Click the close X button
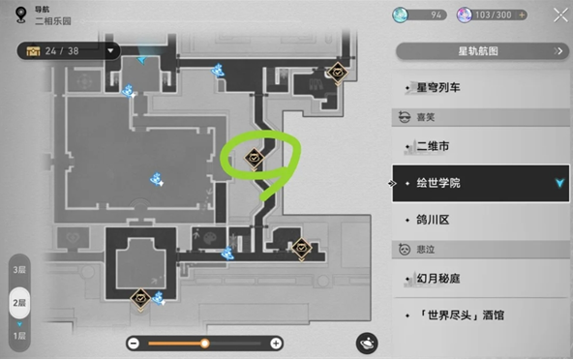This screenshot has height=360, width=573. pos(559,15)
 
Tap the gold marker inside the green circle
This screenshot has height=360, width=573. pos(256,157)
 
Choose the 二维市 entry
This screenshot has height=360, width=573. pos(432,146)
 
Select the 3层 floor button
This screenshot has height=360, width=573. pos(18,270)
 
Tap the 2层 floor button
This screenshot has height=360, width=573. pos(18,302)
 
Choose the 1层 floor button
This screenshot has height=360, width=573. pos(18,333)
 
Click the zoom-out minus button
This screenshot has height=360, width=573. pos(133,344)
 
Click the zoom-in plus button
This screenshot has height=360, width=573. pos(276,344)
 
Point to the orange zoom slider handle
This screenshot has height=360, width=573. pos(204,344)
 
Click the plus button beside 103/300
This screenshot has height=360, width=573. pos(523,15)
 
